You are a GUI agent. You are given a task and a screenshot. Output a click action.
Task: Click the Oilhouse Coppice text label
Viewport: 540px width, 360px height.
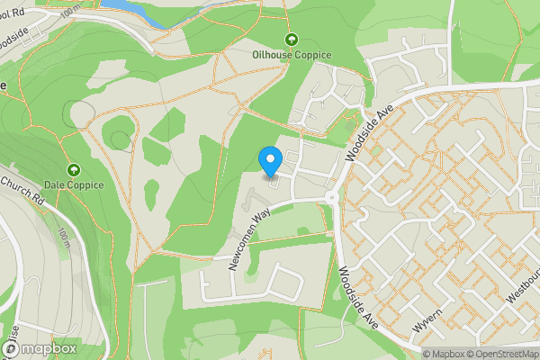click(291, 55)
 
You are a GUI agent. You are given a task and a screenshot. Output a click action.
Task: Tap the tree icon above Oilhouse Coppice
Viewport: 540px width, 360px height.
click(291, 40)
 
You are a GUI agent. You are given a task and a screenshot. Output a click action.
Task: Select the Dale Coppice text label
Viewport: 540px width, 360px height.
click(73, 185)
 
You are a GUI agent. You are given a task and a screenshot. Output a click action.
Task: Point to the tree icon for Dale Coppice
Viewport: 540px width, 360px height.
click(73, 170)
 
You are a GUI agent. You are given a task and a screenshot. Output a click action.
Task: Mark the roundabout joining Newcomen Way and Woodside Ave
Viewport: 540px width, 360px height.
click(331, 197)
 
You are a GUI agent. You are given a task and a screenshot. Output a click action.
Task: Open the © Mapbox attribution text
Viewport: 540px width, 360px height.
click(447, 354)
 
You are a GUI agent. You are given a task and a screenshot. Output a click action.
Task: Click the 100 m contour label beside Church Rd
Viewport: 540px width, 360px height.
click(64, 239)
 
